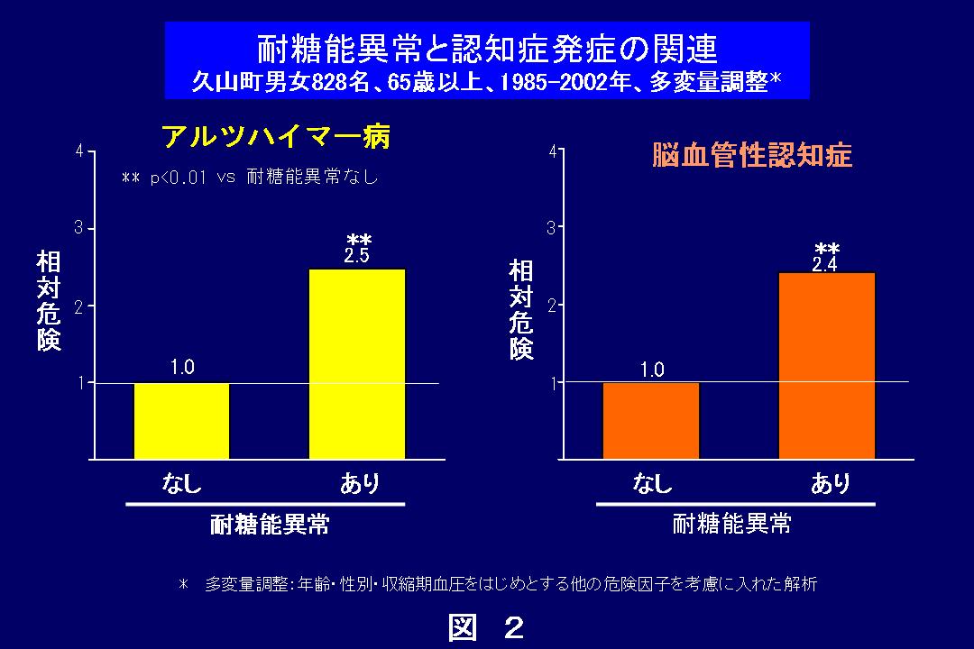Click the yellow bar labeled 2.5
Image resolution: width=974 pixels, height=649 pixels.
[x=357, y=364]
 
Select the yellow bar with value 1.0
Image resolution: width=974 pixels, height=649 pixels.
[x=181, y=421]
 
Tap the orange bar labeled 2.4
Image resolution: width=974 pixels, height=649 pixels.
[x=827, y=366]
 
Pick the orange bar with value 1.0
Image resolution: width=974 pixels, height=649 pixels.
[x=651, y=421]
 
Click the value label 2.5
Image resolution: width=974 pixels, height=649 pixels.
[x=357, y=256]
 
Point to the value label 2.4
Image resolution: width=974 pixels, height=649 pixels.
[x=825, y=264]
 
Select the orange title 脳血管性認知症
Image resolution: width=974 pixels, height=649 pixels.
[x=751, y=156]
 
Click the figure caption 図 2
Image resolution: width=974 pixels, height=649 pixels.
[x=486, y=627]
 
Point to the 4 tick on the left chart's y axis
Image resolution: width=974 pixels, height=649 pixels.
[x=80, y=151]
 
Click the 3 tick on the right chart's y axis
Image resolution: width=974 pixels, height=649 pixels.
[x=551, y=228]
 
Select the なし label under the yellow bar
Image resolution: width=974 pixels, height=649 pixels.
[x=181, y=484]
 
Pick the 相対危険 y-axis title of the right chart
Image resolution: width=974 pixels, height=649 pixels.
[x=520, y=309]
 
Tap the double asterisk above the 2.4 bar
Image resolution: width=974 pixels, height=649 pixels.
[x=827, y=249]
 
